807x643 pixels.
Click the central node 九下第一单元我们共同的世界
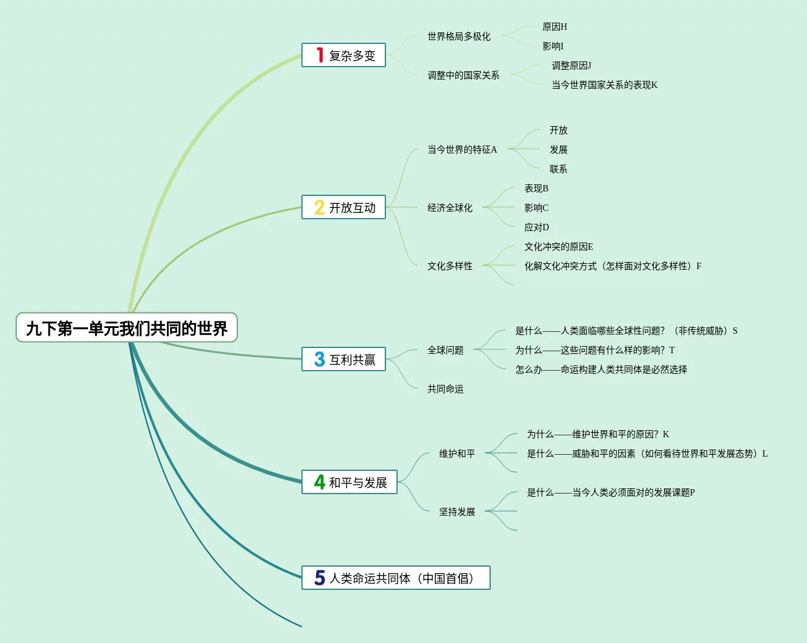coord(127,327)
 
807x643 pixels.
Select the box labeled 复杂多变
coord(343,55)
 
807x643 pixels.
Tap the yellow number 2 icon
coord(319,207)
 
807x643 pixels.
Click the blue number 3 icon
coord(319,359)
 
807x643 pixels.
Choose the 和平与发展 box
coord(349,482)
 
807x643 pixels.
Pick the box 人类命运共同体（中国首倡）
coord(396,578)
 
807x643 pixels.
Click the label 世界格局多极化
coord(459,36)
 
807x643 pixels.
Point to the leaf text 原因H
coord(555,27)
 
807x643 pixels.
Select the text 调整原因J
coord(572,65)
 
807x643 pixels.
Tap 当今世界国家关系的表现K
coord(605,85)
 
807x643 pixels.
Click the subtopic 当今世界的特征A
coord(462,149)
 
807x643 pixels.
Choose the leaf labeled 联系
coord(559,169)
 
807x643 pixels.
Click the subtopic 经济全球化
coord(450,208)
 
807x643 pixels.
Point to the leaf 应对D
coord(537,227)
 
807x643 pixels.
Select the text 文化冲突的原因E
coord(559,247)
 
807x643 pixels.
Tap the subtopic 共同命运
coord(446,389)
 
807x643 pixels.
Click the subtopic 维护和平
coord(457,453)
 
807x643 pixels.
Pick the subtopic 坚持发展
coord(457,512)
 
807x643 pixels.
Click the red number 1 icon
coord(319,55)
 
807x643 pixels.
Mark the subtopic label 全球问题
coord(446,350)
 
